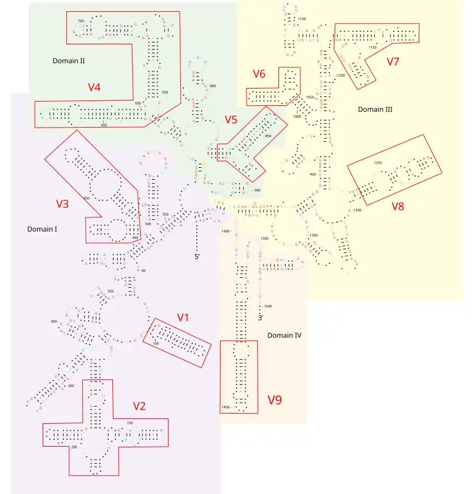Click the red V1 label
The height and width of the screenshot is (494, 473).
click(183, 317)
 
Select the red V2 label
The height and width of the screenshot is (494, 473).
click(139, 406)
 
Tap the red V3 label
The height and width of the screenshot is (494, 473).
click(63, 204)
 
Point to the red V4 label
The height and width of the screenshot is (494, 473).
click(94, 87)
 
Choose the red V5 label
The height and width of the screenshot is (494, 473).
click(231, 120)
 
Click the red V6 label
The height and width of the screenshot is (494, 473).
click(259, 74)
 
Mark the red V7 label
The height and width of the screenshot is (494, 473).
click(393, 61)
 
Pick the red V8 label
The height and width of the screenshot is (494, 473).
click(398, 206)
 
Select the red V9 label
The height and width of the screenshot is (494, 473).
click(274, 400)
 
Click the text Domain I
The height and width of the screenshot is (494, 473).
click(42, 229)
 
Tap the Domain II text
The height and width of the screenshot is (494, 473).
click(69, 60)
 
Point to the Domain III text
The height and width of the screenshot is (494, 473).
click(375, 109)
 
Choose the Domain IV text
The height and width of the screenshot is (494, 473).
click(284, 335)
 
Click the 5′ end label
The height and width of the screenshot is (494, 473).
click(198, 257)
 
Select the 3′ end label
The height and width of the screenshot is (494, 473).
click(260, 318)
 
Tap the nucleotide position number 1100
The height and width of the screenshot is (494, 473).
click(302, 19)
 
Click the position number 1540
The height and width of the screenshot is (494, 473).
click(268, 306)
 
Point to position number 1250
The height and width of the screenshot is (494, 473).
click(378, 162)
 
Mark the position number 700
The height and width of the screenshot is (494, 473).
click(81, 21)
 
